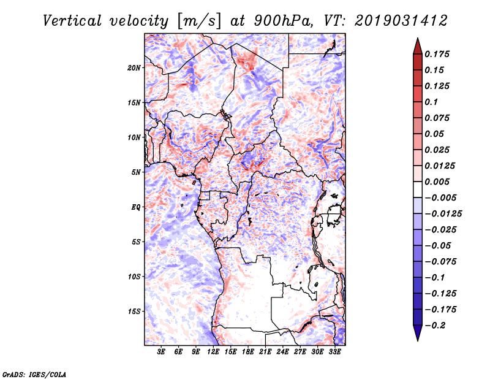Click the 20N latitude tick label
click(x=134, y=68)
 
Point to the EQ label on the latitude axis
click(x=135, y=207)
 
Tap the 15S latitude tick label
click(x=134, y=312)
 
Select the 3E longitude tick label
click(x=161, y=352)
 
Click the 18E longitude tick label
click(x=248, y=352)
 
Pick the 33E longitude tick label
click(x=334, y=352)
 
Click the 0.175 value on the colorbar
click(x=437, y=54)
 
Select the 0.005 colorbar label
click(x=437, y=182)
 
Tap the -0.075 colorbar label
click(x=440, y=262)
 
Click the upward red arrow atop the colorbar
click(x=418, y=46)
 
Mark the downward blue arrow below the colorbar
click(x=418, y=333)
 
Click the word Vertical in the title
click(x=72, y=21)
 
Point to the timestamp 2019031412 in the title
click(x=401, y=21)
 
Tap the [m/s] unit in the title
click(x=198, y=21)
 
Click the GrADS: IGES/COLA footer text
click(x=34, y=374)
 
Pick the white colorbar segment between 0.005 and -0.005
click(x=418, y=189)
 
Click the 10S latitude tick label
click(x=134, y=277)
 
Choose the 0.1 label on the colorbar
click(x=431, y=102)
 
